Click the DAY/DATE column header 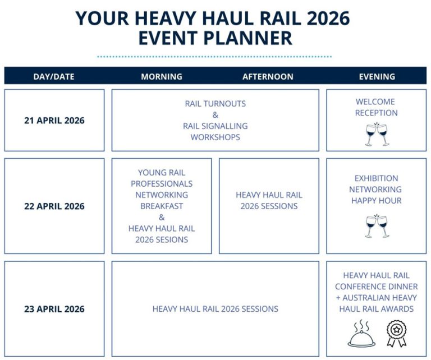coord(54,76)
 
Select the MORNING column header coord(162,76)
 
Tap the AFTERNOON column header coord(268,76)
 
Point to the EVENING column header coord(377,76)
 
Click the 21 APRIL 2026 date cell coord(54,121)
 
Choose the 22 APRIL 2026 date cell coord(54,206)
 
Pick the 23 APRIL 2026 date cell coord(54,309)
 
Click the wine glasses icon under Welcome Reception coord(377,135)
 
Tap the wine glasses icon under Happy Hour coord(377,226)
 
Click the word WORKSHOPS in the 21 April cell coord(215,137)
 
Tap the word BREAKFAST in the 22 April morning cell coord(162,206)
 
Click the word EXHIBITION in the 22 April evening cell coord(376,178)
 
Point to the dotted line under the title coord(214,57)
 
